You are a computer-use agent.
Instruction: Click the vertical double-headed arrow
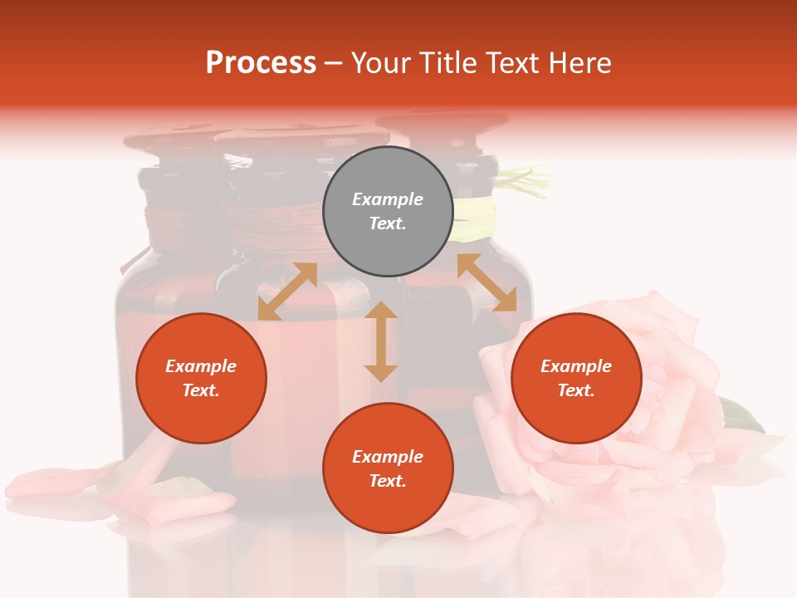[381, 341]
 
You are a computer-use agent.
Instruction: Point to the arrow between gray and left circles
[287, 292]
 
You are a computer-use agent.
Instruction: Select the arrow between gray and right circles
[487, 282]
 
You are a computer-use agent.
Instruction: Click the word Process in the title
[261, 63]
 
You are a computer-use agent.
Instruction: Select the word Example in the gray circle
[388, 199]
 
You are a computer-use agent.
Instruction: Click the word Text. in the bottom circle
[388, 481]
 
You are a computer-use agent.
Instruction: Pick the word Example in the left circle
[201, 366]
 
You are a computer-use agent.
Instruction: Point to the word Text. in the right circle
[576, 390]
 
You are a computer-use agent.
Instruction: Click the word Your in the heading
[379, 63]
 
